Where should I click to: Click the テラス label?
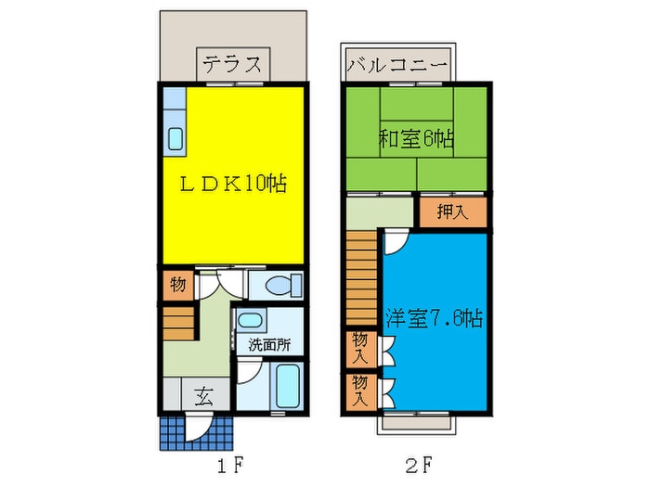(x=233, y=65)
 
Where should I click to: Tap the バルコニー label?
(x=397, y=65)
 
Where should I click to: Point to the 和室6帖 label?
(x=416, y=139)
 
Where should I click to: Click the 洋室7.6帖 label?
(x=435, y=318)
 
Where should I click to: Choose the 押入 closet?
(x=453, y=212)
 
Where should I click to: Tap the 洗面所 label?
(x=269, y=344)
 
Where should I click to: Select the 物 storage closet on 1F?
(x=178, y=285)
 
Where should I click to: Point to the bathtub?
(x=287, y=386)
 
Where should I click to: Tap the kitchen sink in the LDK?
(x=175, y=139)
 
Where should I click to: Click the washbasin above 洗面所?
(x=250, y=320)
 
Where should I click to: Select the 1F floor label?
(x=229, y=467)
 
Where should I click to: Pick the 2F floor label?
(x=419, y=466)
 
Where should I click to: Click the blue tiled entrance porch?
(x=197, y=432)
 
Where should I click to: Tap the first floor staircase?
(x=178, y=324)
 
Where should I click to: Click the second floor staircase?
(x=361, y=278)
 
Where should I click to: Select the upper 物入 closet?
(x=361, y=349)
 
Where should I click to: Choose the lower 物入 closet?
(x=361, y=391)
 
